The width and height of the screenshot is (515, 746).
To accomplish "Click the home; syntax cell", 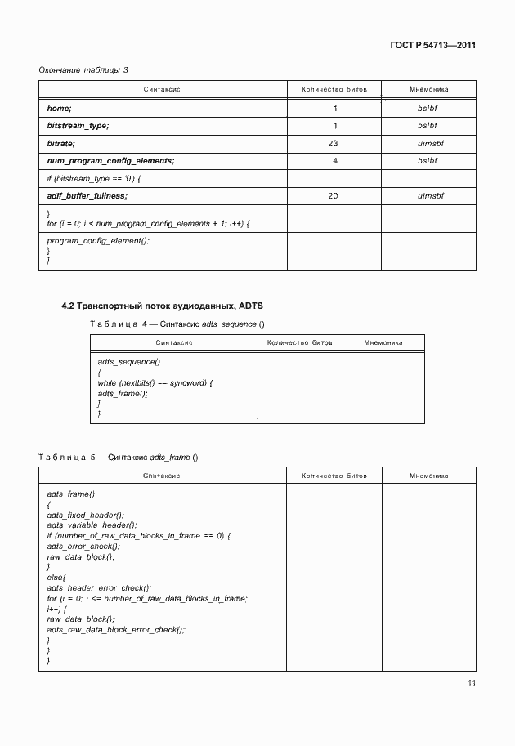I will pos(60,108).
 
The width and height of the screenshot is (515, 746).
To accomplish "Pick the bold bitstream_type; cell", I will pos(78,125).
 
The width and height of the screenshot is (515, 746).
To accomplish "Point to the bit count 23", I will pos(334,143).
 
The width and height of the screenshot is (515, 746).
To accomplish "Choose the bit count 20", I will pos(334,196).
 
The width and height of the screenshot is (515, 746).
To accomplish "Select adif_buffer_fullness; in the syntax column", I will pos(87,196).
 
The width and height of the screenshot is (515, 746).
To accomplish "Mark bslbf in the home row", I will pos(428,108).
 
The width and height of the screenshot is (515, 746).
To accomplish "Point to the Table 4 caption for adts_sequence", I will pos(177,324).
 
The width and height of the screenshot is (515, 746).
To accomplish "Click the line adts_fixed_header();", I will pos(86,515).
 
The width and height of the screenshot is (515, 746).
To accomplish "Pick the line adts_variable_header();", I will pos(92,525).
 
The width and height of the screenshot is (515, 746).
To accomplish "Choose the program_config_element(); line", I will pos(98,241).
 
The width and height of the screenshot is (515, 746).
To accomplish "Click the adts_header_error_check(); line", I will pos(99,587).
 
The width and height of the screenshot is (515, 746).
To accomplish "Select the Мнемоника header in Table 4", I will pos(383,342).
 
